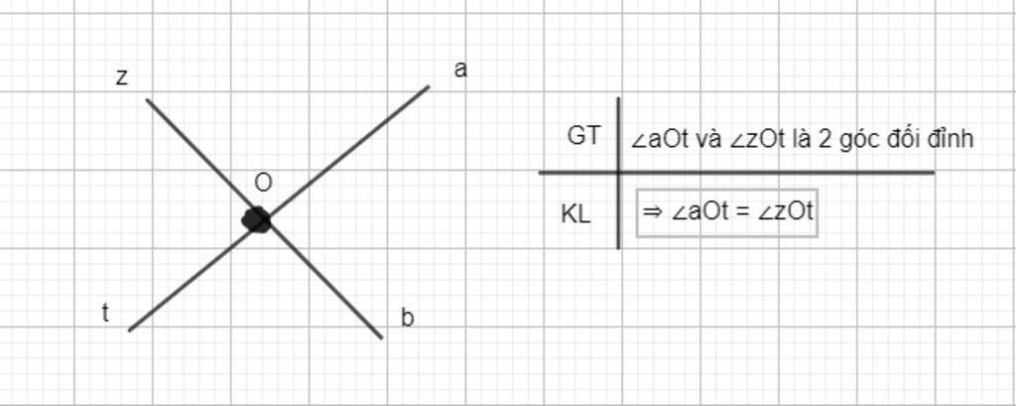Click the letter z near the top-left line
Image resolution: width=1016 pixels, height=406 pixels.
[x=121, y=77]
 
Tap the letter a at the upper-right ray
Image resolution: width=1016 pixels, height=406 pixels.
[x=460, y=69]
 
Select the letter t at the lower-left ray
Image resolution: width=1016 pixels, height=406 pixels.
[x=105, y=314]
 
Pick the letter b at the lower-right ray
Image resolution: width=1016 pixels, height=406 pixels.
[x=407, y=318]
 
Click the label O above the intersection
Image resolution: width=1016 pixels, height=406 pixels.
[x=263, y=184]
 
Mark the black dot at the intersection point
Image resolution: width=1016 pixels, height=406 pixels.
[x=256, y=219]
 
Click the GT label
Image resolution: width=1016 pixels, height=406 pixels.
[x=583, y=136]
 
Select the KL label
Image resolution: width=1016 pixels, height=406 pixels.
[x=576, y=214]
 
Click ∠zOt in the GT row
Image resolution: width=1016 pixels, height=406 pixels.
[x=757, y=140]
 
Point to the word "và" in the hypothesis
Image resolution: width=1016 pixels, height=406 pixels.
[x=708, y=141]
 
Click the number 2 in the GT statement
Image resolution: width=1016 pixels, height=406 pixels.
[x=825, y=140]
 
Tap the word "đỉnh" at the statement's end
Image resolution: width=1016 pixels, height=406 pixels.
[x=951, y=139]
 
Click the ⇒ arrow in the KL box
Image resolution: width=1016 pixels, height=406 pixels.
[x=653, y=212]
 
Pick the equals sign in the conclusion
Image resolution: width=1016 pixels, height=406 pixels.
[x=738, y=212]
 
